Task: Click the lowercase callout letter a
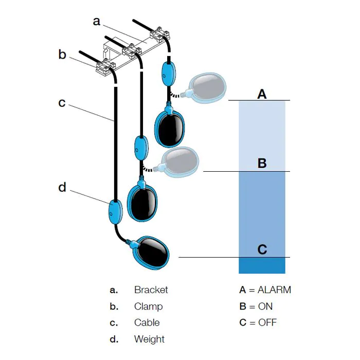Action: [97, 21]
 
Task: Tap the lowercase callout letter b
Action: [62, 54]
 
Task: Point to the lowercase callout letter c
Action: [62, 103]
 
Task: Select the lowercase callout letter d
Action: [62, 187]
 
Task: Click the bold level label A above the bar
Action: [262, 94]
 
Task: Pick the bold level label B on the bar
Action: [262, 163]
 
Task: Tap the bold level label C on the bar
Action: [262, 249]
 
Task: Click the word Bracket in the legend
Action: [151, 290]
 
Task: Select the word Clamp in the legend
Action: [149, 307]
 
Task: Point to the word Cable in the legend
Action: [147, 322]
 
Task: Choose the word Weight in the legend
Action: [150, 339]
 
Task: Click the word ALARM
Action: [274, 290]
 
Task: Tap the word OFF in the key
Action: [267, 322]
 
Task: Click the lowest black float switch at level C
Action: [149, 252]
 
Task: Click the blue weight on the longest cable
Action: [115, 212]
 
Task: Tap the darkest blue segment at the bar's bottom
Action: [262, 265]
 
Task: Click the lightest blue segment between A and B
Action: [262, 136]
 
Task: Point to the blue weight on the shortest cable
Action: [169, 74]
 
